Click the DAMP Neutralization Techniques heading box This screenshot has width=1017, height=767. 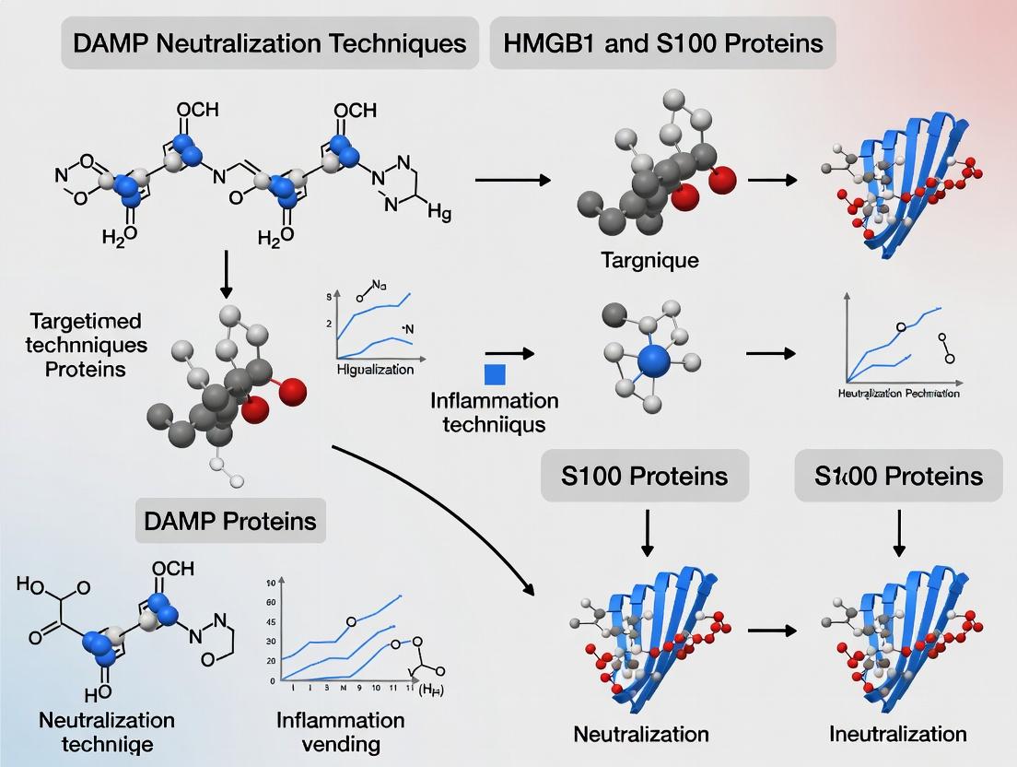coord(270,43)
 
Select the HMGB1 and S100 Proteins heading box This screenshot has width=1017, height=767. coord(663,43)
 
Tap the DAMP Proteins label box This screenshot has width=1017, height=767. coord(230,521)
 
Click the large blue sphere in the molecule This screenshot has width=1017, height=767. coord(655,360)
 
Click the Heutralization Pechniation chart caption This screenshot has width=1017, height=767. coord(898,394)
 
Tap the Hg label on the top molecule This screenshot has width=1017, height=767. coord(440,213)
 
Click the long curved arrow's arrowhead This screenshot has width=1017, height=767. coord(532,590)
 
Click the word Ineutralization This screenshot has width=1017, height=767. coord(898,734)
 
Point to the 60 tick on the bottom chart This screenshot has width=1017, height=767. coord(271,603)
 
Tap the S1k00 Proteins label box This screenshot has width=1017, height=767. coord(898,476)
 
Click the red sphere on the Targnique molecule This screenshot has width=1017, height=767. coord(724,179)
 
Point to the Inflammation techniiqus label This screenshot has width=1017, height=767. coord(494,412)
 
